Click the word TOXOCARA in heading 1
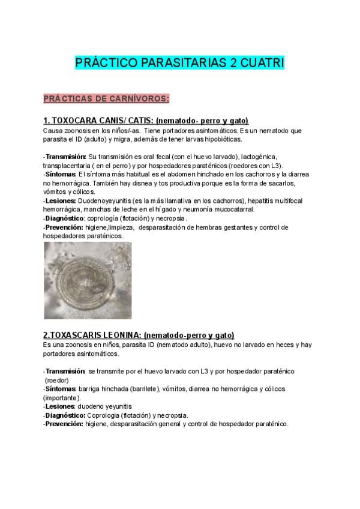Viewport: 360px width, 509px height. [x=76, y=121]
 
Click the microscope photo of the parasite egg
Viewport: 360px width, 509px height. [x=88, y=280]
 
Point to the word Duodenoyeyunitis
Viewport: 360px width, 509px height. [x=106, y=200]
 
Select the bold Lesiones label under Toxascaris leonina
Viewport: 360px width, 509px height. [x=61, y=406]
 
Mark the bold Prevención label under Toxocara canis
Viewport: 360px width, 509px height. [x=65, y=227]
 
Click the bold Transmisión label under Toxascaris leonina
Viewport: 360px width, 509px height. [x=65, y=372]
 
